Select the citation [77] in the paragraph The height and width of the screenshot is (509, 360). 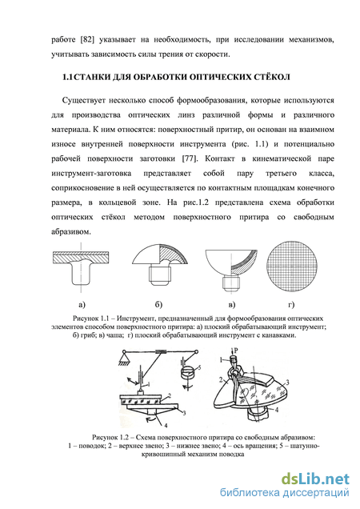coord(188,158)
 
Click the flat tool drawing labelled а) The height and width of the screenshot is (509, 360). coord(81,267)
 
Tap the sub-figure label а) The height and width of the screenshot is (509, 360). coord(82,304)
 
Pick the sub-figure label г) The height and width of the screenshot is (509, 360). coord(291,304)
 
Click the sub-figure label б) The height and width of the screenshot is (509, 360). coord(158,304)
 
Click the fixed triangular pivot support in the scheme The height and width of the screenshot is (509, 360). coord(124,358)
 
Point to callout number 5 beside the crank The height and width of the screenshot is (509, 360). coord(199,367)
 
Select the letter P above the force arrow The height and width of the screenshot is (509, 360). coord(236,351)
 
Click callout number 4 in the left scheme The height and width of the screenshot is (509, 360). coord(166,425)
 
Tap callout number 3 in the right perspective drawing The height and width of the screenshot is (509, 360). coord(287,382)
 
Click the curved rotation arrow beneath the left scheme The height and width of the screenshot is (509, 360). coord(150,419)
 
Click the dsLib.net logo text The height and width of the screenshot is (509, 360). coord(315,479)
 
